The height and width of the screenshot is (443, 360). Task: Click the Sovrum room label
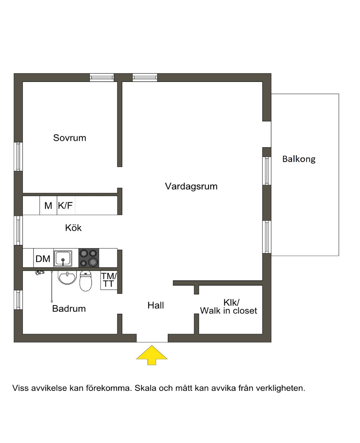click(x=70, y=138)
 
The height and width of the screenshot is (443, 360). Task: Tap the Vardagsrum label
click(x=191, y=186)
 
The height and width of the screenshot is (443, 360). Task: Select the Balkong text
click(x=299, y=159)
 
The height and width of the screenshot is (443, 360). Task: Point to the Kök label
click(x=73, y=228)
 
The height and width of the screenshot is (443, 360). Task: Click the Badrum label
click(x=69, y=309)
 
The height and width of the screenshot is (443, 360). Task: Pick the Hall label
click(x=156, y=306)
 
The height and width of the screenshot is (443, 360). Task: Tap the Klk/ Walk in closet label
click(x=229, y=307)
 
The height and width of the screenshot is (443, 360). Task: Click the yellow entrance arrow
click(x=152, y=355)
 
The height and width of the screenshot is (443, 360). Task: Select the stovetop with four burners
click(x=89, y=258)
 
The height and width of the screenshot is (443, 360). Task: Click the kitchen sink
click(x=63, y=258)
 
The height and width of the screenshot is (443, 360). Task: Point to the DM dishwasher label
click(x=43, y=259)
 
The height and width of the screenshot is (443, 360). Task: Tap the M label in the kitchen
click(x=48, y=206)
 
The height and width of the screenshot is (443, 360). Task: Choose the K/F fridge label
click(x=65, y=206)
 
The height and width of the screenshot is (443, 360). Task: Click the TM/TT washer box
click(x=109, y=280)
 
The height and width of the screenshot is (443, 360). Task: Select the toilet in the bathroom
click(x=86, y=281)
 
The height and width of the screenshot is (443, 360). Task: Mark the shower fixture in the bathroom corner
click(x=40, y=272)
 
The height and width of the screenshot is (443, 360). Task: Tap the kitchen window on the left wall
click(x=18, y=230)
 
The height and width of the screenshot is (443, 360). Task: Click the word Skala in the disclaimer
click(x=146, y=389)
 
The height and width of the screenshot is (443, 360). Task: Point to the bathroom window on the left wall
click(x=18, y=300)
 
